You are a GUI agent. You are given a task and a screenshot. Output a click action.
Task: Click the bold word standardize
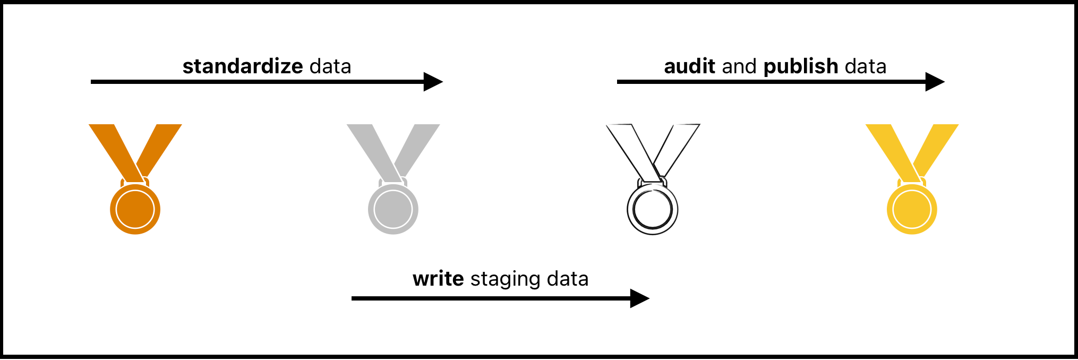243,66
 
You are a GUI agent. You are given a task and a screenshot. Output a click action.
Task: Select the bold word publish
801,66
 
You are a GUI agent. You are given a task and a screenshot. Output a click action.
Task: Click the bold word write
438,279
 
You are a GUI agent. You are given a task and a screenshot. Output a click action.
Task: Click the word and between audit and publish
739,66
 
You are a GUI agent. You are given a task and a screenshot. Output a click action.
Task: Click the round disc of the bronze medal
135,209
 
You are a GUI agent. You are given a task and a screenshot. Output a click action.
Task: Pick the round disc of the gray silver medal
393,209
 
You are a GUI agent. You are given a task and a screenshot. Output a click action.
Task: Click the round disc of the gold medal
912,209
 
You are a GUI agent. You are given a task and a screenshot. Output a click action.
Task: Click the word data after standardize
330,66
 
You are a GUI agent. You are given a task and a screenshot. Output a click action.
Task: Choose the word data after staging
568,279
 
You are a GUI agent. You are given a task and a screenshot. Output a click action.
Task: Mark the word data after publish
866,66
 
